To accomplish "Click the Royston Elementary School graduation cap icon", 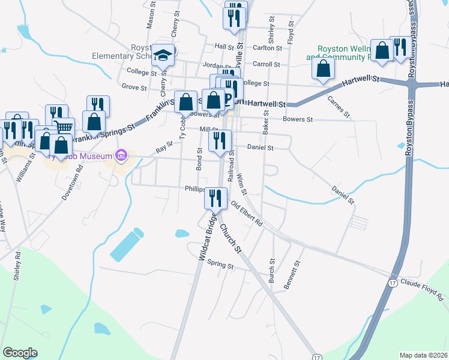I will tap(162, 56).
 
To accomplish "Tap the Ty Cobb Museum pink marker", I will tap(121, 157).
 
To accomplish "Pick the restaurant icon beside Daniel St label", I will tap(220, 140).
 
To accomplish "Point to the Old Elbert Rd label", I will tap(247, 214).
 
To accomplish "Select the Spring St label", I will tap(219, 263).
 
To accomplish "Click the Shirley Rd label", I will tap(17, 266).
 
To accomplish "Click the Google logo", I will tap(20, 353).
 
